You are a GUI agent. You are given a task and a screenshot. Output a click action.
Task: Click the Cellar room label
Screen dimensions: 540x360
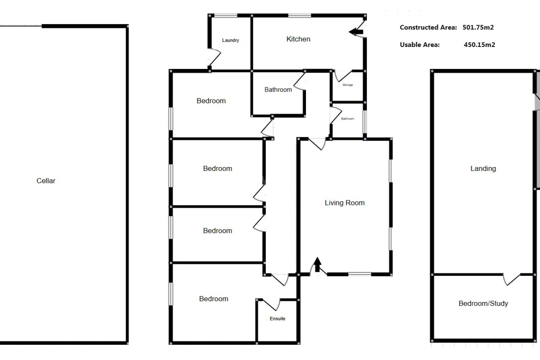coord(46,181)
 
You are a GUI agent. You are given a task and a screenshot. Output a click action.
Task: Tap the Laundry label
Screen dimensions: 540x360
coord(230,40)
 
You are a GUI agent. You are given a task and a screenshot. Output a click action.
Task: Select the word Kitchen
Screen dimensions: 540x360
coord(298,39)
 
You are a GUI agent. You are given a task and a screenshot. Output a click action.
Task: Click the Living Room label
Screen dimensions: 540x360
coord(345,203)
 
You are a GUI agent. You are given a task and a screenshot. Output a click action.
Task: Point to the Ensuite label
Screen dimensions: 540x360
coord(277,319)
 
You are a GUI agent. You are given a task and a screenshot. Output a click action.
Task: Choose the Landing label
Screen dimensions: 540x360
coord(483,168)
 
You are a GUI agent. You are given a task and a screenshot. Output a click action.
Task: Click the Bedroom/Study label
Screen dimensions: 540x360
coord(483,303)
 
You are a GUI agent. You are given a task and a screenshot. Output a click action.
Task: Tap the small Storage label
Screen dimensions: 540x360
coord(348,85)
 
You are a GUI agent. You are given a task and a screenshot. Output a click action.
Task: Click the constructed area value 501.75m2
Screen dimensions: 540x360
coord(478,27)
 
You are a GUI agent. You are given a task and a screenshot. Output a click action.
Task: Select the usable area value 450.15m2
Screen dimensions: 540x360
coord(479,44)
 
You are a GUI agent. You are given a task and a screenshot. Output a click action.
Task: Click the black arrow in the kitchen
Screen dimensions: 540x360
coord(356,32)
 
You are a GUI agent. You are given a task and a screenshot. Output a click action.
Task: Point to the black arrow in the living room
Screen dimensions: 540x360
coord(317,264)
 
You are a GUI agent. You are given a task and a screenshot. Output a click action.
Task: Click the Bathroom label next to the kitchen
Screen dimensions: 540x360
coord(278,90)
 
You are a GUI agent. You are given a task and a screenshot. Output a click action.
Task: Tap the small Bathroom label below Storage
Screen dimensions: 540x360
coord(348,119)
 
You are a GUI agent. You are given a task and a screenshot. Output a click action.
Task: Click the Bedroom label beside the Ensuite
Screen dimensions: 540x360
coord(213,299)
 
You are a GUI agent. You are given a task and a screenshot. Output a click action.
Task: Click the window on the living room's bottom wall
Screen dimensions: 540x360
coord(359,274)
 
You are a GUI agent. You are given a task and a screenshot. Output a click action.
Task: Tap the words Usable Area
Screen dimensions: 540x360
coord(419,44)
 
